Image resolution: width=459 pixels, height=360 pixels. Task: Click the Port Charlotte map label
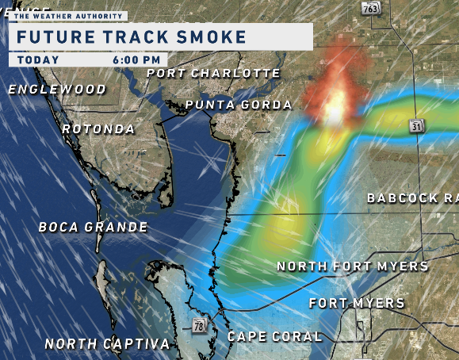tap(214, 73)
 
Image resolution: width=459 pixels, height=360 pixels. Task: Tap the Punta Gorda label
tap(239, 105)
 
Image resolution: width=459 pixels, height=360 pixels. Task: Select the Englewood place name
tap(57, 89)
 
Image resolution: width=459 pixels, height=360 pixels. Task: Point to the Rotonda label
tap(99, 128)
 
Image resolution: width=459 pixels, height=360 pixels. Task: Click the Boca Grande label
tap(94, 227)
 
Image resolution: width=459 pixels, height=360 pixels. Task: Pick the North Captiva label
tap(107, 343)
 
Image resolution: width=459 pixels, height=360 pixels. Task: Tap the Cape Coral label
tap(275, 336)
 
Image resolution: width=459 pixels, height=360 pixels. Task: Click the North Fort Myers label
tap(353, 266)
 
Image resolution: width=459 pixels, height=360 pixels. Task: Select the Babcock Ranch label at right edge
tap(413, 197)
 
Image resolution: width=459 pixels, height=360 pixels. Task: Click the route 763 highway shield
tap(370, 8)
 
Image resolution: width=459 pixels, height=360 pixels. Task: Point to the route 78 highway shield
tap(197, 325)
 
